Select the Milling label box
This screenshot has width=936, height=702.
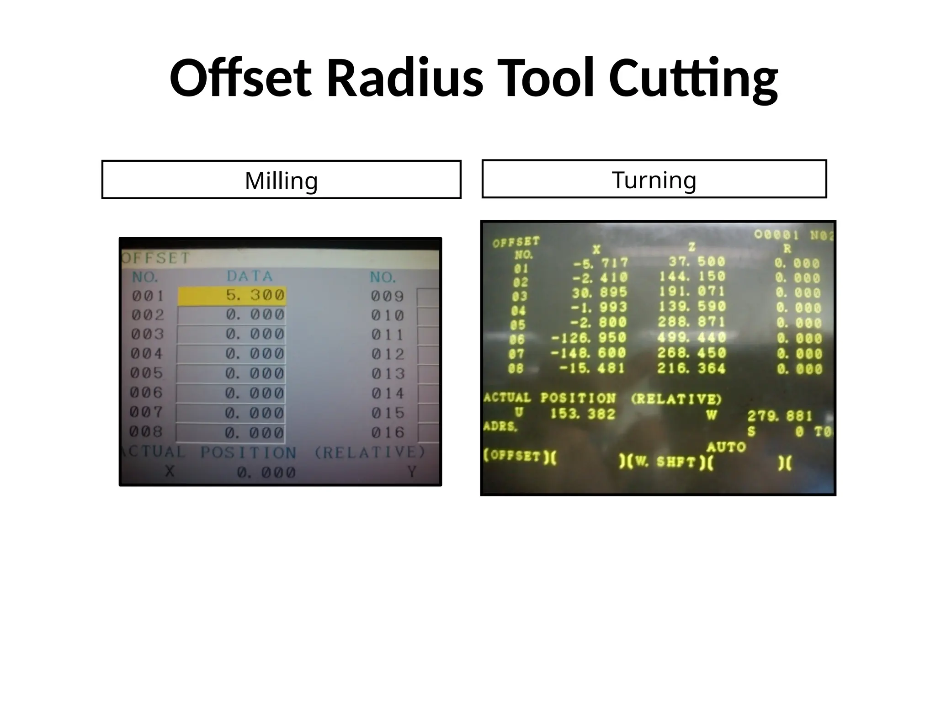(x=281, y=180)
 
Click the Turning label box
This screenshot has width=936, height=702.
(x=654, y=179)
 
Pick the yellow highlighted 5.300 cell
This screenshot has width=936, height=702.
(x=232, y=296)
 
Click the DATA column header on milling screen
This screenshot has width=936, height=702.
(x=250, y=277)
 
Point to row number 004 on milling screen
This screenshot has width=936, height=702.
(x=147, y=354)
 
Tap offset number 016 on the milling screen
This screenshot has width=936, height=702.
(x=388, y=432)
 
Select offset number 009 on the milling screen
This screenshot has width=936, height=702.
(x=387, y=297)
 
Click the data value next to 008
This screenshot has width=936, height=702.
(x=255, y=432)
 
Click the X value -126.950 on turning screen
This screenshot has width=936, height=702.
(x=589, y=338)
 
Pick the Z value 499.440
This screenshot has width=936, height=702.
(x=691, y=338)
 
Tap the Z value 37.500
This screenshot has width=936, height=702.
(x=697, y=262)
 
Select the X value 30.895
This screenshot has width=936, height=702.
(x=600, y=292)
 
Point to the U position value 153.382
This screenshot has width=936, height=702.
(x=583, y=414)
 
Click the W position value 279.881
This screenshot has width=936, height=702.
(x=779, y=416)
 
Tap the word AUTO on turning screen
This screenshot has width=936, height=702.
(x=726, y=447)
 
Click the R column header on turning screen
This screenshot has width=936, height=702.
(x=787, y=250)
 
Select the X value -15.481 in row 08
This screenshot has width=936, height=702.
(x=592, y=368)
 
